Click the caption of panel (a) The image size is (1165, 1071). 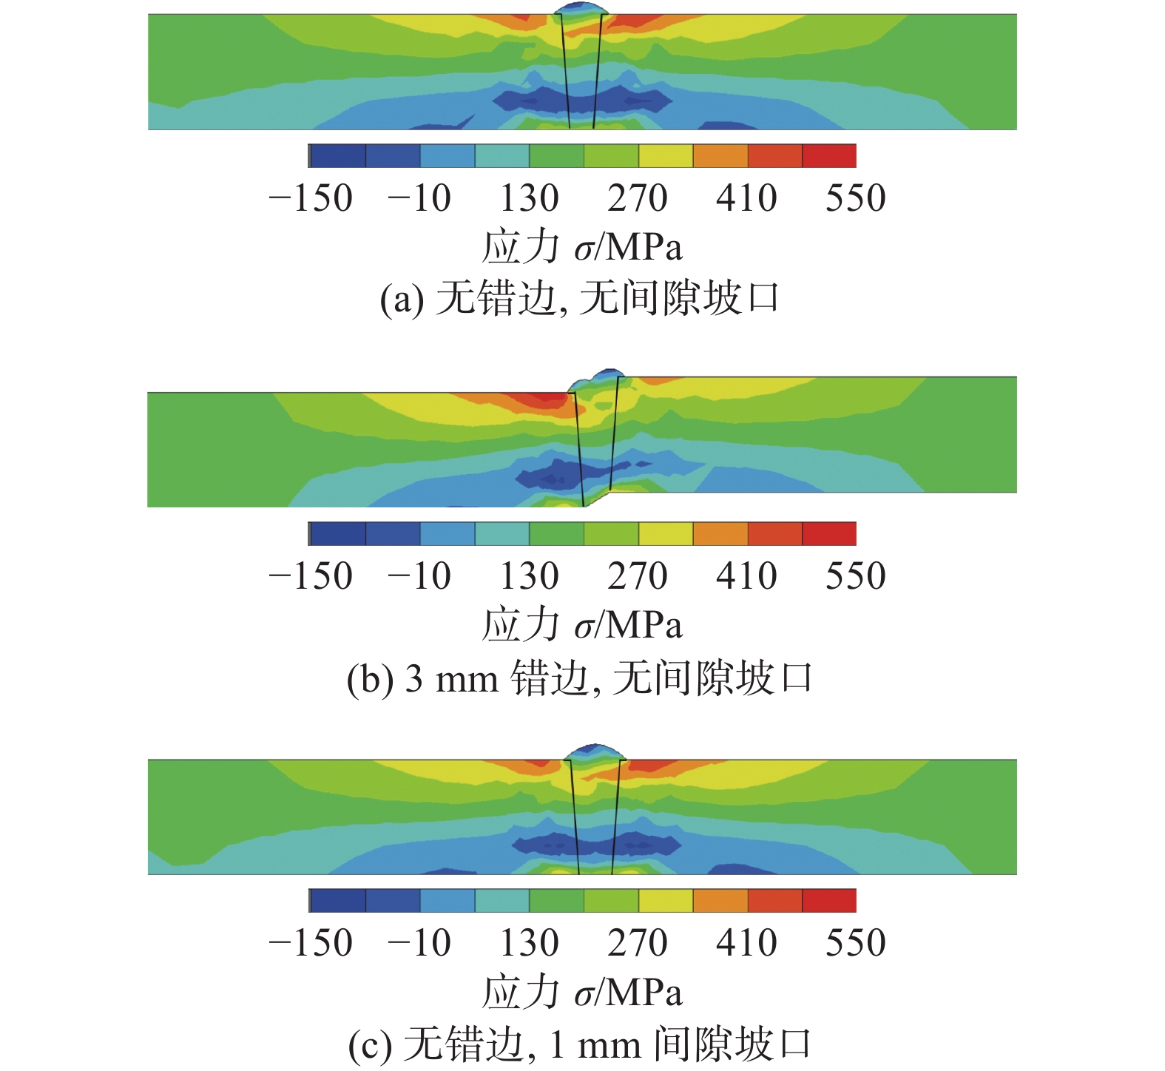[x=581, y=300]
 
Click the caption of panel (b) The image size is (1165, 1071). [x=581, y=678]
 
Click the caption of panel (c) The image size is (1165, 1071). [x=581, y=1044]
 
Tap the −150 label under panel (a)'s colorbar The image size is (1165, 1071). [x=311, y=198]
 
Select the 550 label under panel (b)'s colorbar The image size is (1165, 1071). [x=855, y=576]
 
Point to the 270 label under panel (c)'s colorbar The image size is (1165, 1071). [x=638, y=943]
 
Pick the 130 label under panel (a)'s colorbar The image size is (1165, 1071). [x=529, y=198]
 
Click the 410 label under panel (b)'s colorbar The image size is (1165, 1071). [x=746, y=576]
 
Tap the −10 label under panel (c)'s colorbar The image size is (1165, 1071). [x=419, y=943]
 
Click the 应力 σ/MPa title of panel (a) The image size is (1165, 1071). [x=582, y=247]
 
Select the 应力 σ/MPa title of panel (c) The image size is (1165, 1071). [x=582, y=992]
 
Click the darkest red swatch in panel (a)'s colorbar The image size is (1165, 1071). [x=829, y=156]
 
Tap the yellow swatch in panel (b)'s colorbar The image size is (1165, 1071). [x=666, y=533]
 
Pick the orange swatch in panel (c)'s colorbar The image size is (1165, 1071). [x=720, y=900]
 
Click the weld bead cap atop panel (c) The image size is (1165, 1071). [x=595, y=751]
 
